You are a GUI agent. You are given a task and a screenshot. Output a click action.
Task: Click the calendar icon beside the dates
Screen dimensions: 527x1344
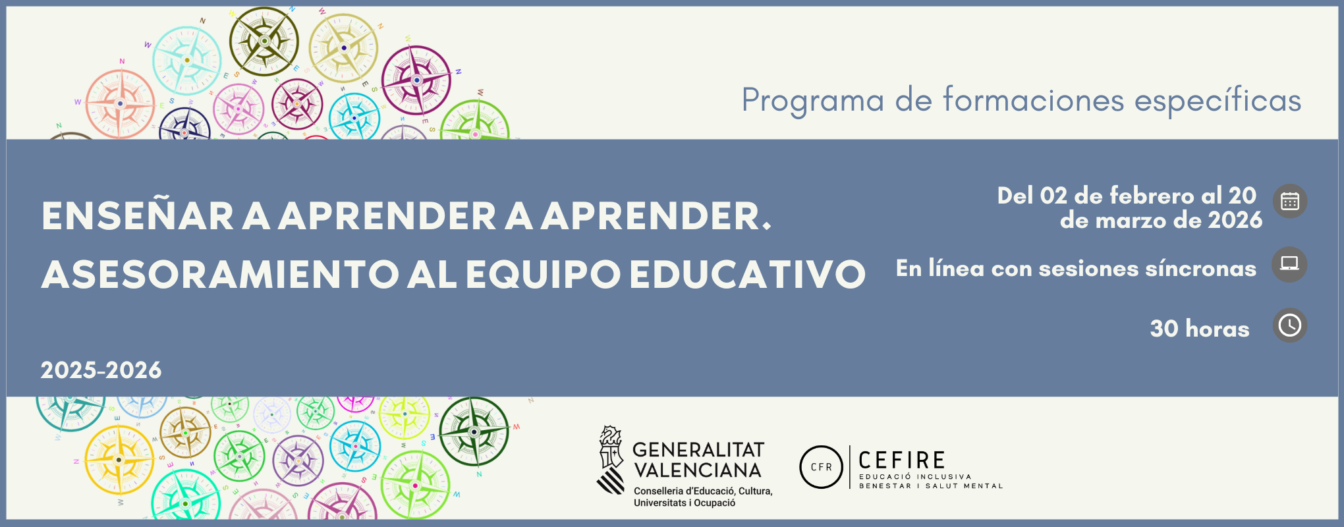pyautogui.click(x=1289, y=202)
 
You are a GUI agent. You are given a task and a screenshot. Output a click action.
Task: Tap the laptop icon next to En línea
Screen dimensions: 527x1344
pyautogui.click(x=1289, y=264)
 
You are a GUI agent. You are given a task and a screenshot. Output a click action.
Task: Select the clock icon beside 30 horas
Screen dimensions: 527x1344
pyautogui.click(x=1289, y=325)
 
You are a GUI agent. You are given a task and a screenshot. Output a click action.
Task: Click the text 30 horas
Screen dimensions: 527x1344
pyautogui.click(x=1199, y=329)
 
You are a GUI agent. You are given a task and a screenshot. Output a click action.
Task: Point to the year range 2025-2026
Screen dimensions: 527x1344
pyautogui.click(x=101, y=370)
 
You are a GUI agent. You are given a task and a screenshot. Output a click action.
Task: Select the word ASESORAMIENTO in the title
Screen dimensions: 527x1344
pyautogui.click(x=220, y=274)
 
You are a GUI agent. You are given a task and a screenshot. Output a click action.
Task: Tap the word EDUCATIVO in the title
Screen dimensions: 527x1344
pyautogui.click(x=747, y=274)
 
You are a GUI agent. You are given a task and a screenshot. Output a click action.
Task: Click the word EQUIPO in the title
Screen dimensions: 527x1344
pyautogui.click(x=544, y=274)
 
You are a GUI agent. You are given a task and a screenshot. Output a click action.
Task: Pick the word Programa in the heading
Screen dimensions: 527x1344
pyautogui.click(x=812, y=101)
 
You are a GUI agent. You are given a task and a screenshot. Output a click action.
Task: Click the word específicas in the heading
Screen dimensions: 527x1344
pyautogui.click(x=1218, y=101)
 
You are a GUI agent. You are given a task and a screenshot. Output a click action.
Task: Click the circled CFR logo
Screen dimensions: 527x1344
pyautogui.click(x=821, y=467)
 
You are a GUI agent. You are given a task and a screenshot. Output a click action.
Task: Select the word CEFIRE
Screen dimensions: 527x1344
pyautogui.click(x=902, y=460)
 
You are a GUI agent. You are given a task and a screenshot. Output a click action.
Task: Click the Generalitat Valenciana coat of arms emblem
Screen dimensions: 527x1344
pyautogui.click(x=611, y=460)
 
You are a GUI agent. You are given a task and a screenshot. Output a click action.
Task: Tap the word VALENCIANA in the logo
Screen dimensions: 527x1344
pyautogui.click(x=697, y=470)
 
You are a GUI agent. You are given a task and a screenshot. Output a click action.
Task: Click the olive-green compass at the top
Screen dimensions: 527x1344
pyautogui.click(x=264, y=41)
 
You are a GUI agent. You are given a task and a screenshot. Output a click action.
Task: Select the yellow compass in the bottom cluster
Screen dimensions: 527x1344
pyautogui.click(x=119, y=459)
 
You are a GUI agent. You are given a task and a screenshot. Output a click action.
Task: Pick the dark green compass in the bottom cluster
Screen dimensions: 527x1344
pyautogui.click(x=474, y=431)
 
